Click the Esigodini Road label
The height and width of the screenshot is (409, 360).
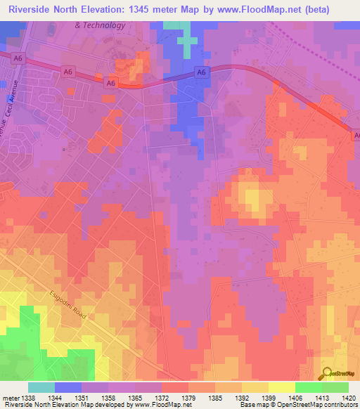point(68,306)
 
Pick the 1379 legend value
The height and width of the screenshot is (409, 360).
point(188,398)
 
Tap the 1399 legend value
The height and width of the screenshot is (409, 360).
point(268,398)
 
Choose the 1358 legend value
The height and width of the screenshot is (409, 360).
point(108,398)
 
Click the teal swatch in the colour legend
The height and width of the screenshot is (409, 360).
point(41,387)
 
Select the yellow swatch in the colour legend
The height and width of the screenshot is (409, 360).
point(281,387)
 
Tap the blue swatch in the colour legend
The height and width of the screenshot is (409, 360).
point(68,387)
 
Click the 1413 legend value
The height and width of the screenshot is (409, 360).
point(321,398)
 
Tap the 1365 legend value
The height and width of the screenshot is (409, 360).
point(134,398)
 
